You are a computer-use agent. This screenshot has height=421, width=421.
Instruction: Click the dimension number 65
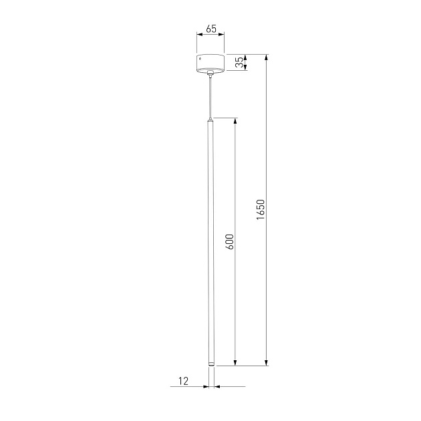pyautogui.click(x=210, y=29)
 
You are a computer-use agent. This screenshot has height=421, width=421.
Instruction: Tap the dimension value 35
pyautogui.click(x=239, y=62)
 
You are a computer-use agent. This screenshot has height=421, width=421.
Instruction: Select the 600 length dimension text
pyautogui.click(x=229, y=241)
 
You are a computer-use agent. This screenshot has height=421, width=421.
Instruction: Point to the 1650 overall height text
pyautogui.click(x=261, y=209)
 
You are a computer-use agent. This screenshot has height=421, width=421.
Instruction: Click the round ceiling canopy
pyautogui.click(x=210, y=62)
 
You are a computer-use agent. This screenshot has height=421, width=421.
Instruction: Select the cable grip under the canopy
pyautogui.click(x=210, y=73)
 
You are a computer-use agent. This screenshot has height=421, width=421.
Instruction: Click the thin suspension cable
pyautogui.click(x=210, y=97)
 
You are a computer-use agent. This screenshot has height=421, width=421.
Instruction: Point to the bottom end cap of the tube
pyautogui.click(x=210, y=364)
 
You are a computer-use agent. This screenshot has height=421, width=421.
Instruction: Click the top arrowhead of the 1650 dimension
pyautogui.click(x=267, y=57)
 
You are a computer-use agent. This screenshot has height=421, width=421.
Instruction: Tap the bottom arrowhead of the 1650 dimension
pyautogui.click(x=267, y=363)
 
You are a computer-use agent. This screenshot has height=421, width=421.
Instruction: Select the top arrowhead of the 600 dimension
pyautogui.click(x=235, y=122)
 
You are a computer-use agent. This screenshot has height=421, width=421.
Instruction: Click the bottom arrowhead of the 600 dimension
pyautogui.click(x=235, y=363)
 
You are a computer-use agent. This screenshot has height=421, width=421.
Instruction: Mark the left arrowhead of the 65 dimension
pyautogui.click(x=199, y=37)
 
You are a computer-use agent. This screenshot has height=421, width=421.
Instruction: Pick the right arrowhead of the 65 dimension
pyautogui.click(x=222, y=37)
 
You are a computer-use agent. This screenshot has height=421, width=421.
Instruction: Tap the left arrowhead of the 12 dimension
pyautogui.click(x=206, y=386)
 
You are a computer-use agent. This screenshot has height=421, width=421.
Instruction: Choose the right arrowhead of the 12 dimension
pyautogui.click(x=216, y=386)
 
